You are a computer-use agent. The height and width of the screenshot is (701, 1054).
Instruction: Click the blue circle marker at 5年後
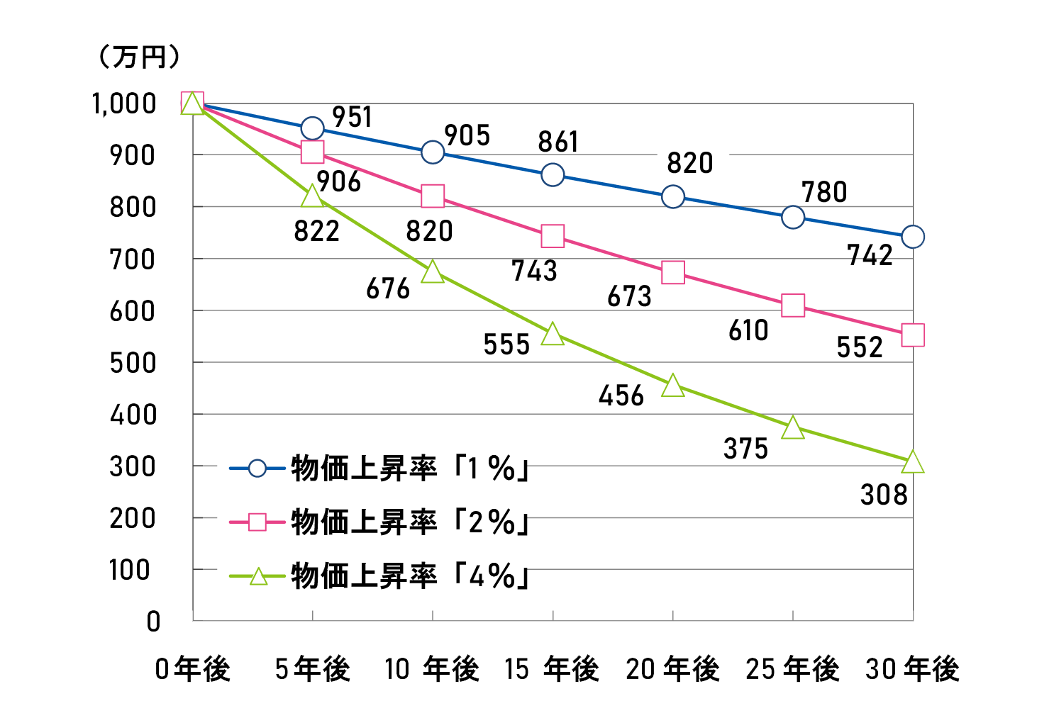click(x=312, y=128)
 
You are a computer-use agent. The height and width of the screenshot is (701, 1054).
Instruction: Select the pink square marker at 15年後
click(x=553, y=236)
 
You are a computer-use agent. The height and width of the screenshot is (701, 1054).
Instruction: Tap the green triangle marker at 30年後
click(x=913, y=462)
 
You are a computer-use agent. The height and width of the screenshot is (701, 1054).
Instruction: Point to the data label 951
click(x=352, y=117)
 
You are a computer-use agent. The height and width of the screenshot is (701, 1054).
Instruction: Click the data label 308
click(x=884, y=495)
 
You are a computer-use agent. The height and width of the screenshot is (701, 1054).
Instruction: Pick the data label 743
click(x=534, y=271)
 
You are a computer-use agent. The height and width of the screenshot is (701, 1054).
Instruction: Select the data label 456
click(x=621, y=396)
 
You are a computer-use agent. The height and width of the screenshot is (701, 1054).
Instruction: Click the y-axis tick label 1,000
click(x=124, y=103)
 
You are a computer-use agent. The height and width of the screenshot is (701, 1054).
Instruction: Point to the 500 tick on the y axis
click(x=132, y=363)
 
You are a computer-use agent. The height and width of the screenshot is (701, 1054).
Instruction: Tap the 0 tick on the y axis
click(x=153, y=622)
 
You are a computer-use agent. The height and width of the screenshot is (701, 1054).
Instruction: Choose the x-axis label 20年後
click(x=672, y=669)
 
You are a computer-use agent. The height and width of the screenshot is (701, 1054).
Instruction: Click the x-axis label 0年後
click(x=193, y=669)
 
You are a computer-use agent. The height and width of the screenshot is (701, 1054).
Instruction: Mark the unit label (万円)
click(x=138, y=57)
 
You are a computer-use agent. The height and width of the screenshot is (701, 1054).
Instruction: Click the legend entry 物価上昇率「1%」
click(x=410, y=469)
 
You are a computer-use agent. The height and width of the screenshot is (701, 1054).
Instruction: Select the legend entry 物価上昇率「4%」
click(x=410, y=576)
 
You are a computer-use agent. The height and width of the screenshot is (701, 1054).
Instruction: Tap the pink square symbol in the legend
click(x=257, y=522)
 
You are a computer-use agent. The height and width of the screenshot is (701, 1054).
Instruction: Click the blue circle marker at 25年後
click(x=793, y=217)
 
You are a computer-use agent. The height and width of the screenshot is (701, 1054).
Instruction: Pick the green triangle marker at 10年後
click(x=433, y=272)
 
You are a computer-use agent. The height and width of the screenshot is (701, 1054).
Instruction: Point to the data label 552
click(x=860, y=347)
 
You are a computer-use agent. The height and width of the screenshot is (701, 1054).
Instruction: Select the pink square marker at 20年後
click(x=672, y=272)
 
